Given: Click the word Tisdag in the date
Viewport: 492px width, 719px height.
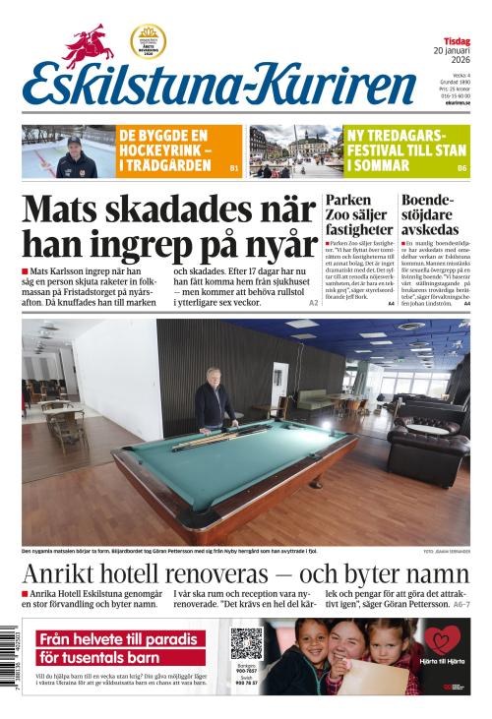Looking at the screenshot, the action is [x=456, y=40].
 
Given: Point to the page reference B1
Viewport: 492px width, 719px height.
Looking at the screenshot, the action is [x=234, y=169].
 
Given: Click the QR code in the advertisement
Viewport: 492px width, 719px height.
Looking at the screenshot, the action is [x=246, y=643].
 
